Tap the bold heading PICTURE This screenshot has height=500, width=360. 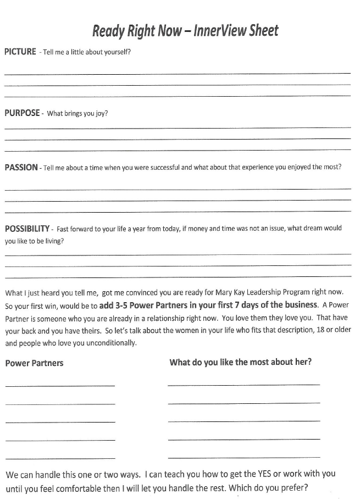[20, 52]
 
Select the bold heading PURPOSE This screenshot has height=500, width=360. [22, 113]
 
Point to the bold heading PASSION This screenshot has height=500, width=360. [21, 168]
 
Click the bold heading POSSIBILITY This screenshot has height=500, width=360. [26, 229]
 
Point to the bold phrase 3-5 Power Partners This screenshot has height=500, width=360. [144, 305]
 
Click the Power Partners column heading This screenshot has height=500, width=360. [34, 363]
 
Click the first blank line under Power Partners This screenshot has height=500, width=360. [60, 385]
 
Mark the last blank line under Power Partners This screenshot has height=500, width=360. [60, 458]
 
